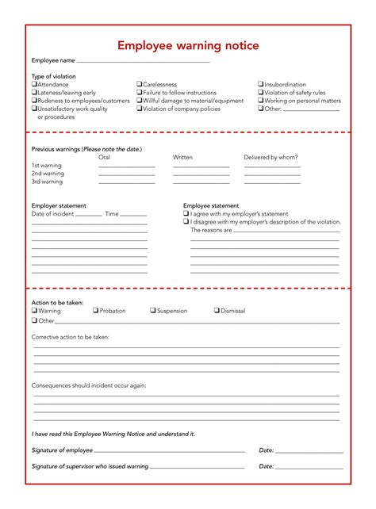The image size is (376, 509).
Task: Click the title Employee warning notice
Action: (x=188, y=46)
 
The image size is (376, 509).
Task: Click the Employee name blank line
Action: (x=143, y=61)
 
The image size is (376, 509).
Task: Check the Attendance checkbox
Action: (x=34, y=84)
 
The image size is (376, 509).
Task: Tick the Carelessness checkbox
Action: (x=140, y=84)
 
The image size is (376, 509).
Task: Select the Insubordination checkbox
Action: (x=260, y=84)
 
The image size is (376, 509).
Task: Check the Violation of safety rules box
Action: (x=260, y=93)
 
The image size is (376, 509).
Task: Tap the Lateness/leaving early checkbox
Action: (x=34, y=93)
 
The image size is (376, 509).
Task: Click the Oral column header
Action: (x=104, y=157)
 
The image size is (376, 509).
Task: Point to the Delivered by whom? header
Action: (x=272, y=157)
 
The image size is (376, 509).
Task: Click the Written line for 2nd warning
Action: (x=201, y=175)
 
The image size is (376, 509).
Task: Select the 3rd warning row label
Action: (x=48, y=182)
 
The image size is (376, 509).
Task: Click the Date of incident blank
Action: (x=89, y=215)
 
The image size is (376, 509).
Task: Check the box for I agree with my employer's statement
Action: (x=186, y=214)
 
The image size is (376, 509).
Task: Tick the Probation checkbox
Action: (x=96, y=311)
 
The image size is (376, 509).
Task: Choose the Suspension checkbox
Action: (x=153, y=311)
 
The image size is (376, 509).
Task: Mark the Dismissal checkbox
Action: (x=217, y=311)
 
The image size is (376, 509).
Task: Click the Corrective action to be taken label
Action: (x=70, y=337)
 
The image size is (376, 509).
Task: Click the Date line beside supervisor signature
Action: (x=309, y=468)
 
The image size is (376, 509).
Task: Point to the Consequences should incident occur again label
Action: (x=88, y=385)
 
